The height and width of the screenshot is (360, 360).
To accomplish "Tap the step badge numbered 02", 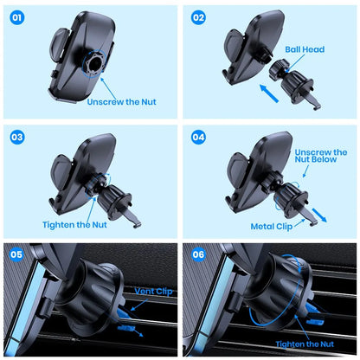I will (199, 17).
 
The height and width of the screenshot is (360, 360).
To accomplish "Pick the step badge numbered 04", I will (199, 137).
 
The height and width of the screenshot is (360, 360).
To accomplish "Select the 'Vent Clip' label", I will (153, 292).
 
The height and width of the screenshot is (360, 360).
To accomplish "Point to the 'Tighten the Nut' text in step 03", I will (76, 224).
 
